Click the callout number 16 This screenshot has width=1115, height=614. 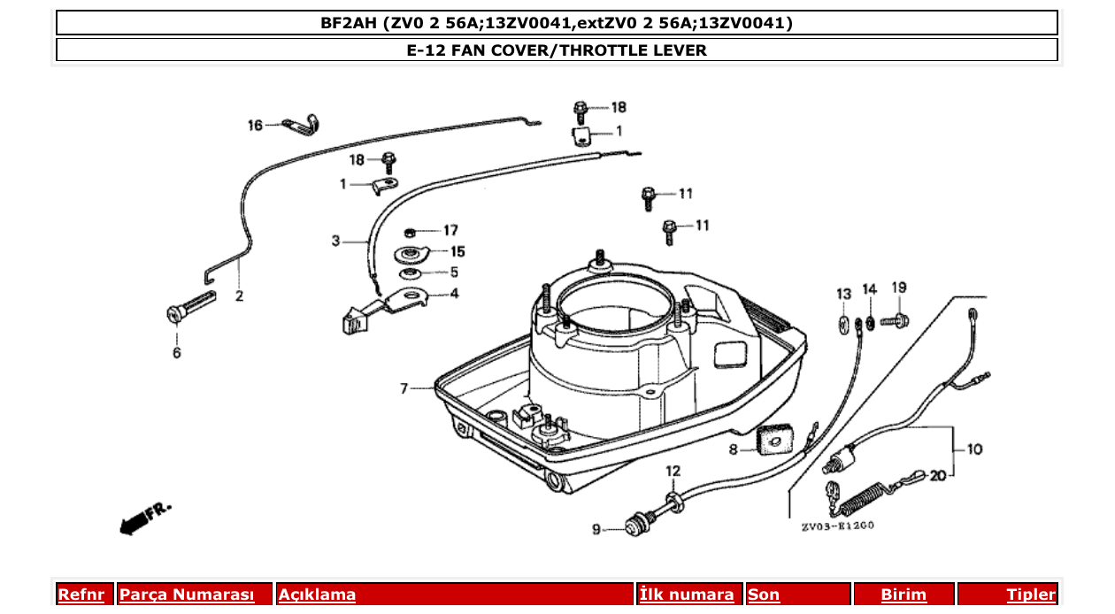click(x=255, y=126)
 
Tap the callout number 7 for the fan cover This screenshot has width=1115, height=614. click(x=404, y=388)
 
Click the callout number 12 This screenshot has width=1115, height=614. click(x=673, y=472)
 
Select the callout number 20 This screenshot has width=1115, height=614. click(x=938, y=475)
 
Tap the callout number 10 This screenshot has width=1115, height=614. click(x=974, y=449)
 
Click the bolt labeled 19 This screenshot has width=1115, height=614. click(x=894, y=319)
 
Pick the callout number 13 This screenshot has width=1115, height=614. click(x=843, y=293)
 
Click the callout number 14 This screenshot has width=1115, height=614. click(x=870, y=289)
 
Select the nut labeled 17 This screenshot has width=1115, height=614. click(x=410, y=232)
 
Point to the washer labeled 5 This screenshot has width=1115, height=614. click(x=411, y=272)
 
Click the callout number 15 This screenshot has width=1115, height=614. click(x=458, y=252)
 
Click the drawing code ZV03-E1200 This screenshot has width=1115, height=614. click(x=838, y=526)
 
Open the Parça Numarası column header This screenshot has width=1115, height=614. click(x=187, y=595)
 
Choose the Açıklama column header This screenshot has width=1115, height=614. click(x=317, y=595)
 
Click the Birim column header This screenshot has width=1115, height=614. click(x=904, y=595)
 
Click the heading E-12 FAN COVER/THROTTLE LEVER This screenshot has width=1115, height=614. click(x=557, y=50)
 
